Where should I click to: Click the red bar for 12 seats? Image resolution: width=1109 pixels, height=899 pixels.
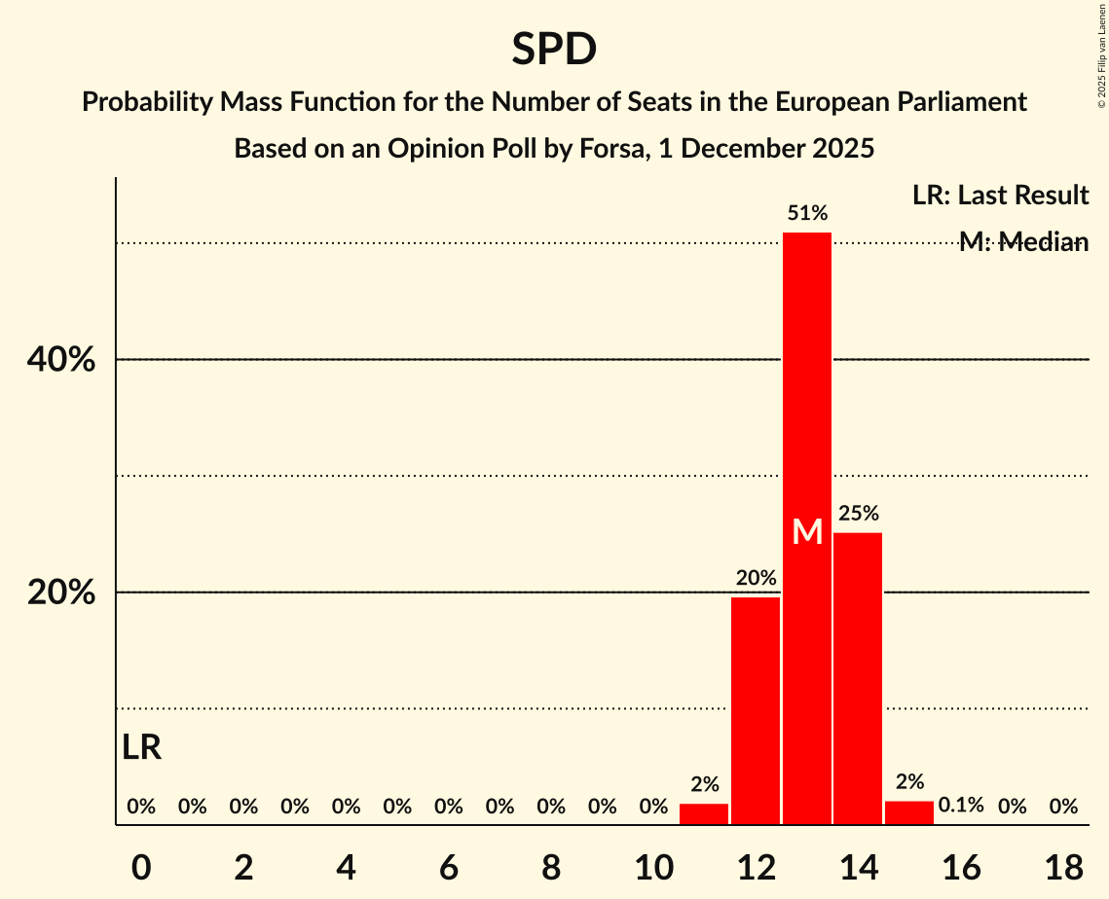click(x=756, y=710)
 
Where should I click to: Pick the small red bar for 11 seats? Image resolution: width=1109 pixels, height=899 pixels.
click(x=704, y=813)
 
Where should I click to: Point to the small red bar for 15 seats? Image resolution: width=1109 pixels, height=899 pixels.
click(x=909, y=812)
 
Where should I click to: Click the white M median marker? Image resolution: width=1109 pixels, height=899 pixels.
click(x=807, y=531)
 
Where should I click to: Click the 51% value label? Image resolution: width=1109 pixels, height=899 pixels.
click(x=807, y=213)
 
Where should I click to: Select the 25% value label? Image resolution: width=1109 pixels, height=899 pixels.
click(x=858, y=513)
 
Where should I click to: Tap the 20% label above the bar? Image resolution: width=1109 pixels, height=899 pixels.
click(x=756, y=578)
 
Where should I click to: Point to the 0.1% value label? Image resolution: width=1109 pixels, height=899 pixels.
click(x=961, y=806)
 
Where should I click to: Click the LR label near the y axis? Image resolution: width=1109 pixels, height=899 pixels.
click(x=142, y=748)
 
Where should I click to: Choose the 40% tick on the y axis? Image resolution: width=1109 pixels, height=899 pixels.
click(x=61, y=360)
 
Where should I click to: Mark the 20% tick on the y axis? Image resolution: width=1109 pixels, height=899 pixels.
click(x=61, y=593)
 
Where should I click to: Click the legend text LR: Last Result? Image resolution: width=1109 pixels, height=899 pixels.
click(x=1000, y=196)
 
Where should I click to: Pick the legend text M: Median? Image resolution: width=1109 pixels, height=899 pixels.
click(x=1023, y=242)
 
